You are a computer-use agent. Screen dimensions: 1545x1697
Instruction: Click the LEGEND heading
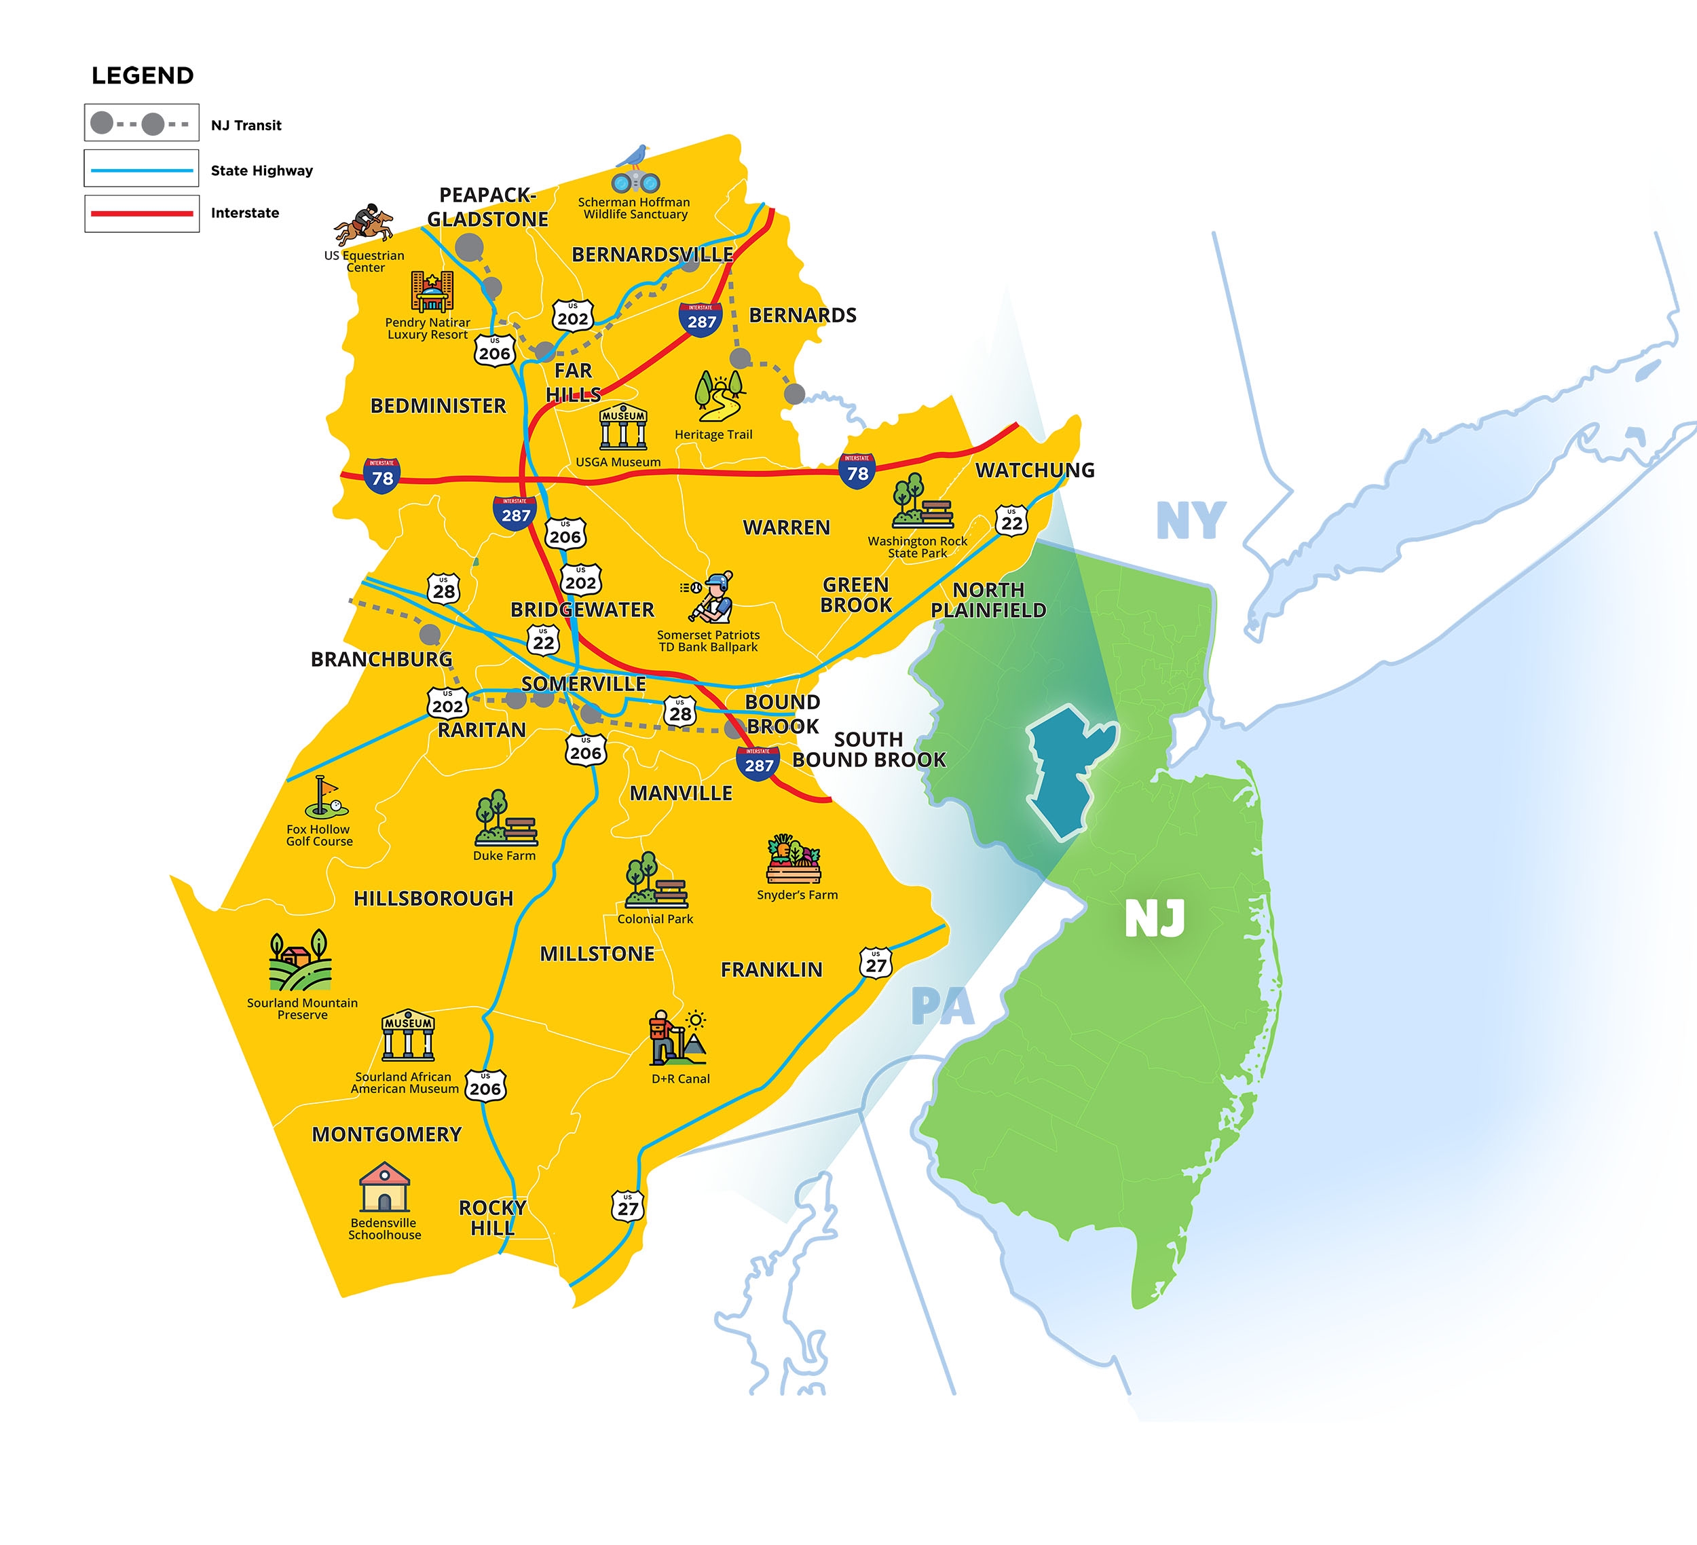(143, 76)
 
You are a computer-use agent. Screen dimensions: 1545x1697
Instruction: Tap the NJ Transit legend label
(246, 126)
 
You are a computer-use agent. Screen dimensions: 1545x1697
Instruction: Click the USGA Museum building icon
(623, 428)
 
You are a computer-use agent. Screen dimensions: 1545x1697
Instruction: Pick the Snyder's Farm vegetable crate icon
(793, 859)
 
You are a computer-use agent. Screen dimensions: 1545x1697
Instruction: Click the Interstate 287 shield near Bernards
(701, 320)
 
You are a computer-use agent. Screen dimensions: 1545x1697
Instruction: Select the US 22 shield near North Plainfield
(1011, 521)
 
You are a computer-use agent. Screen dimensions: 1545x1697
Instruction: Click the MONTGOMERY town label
(386, 1134)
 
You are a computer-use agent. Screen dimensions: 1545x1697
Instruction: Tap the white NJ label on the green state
(1155, 918)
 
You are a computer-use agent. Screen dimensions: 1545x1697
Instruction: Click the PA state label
(942, 1007)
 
